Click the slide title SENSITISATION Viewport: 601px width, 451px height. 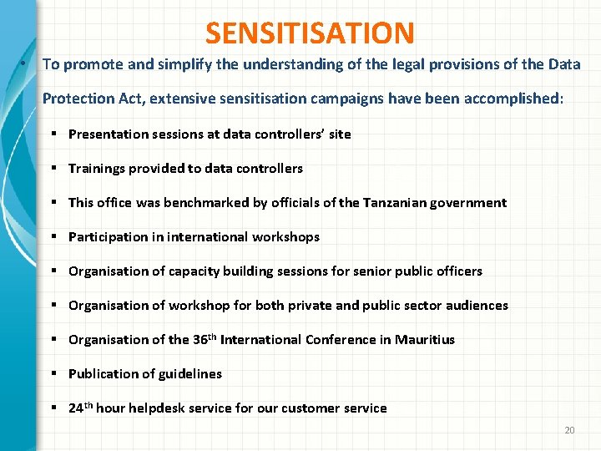pyautogui.click(x=310, y=33)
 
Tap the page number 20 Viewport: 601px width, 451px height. pyautogui.click(x=570, y=429)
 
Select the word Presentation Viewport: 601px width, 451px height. pyautogui.click(x=108, y=134)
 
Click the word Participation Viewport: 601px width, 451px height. pyautogui.click(x=108, y=236)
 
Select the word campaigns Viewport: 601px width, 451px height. pyautogui.click(x=343, y=99)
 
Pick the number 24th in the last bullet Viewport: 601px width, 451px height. pyautogui.click(x=81, y=408)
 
